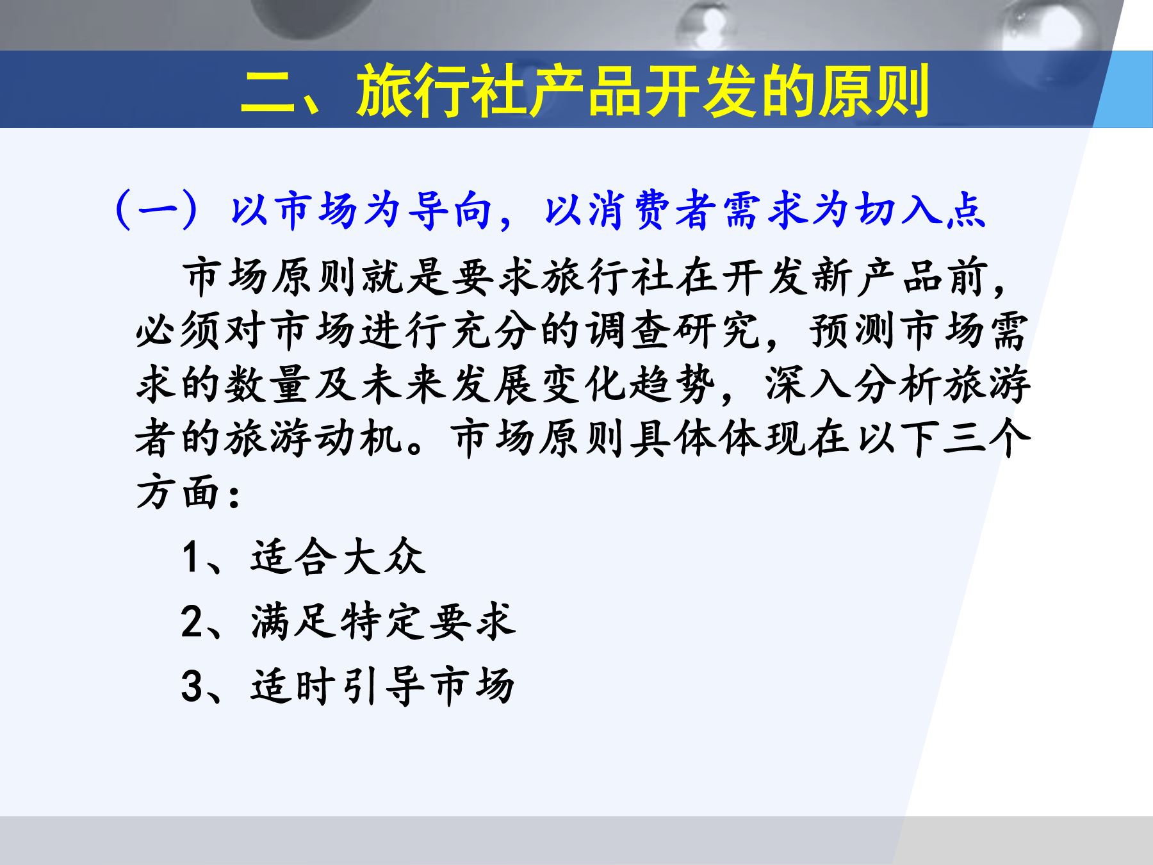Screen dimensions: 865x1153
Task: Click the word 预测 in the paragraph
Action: click(854, 331)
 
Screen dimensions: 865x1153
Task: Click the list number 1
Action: click(192, 557)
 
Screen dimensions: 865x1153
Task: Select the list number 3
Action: click(192, 686)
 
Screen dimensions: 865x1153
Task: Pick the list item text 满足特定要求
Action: click(383, 622)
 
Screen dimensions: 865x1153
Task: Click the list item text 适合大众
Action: click(338, 557)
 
